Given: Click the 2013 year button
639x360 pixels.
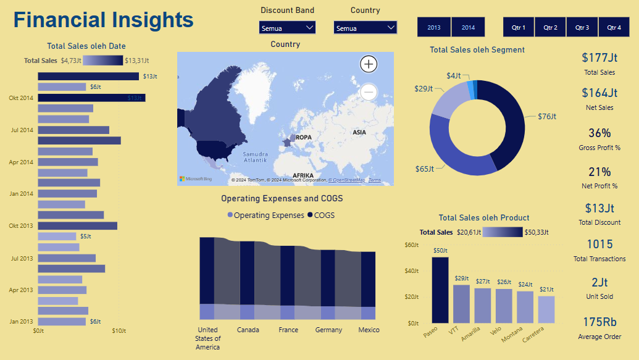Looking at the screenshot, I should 434,27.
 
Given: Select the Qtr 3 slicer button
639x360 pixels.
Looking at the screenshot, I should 582,27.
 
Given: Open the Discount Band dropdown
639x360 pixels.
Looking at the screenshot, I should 288,28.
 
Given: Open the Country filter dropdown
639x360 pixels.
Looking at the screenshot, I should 365,28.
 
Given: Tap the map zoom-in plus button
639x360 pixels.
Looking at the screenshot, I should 369,64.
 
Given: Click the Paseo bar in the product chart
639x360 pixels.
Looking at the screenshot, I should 440,290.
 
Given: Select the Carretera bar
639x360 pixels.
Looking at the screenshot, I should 546,309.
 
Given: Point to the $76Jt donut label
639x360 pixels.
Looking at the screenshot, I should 547,116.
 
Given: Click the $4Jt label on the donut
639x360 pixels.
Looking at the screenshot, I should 454,75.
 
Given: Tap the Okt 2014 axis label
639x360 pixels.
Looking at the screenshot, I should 21,98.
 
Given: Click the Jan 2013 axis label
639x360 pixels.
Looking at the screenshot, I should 21,322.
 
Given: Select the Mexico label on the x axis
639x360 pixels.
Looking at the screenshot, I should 369,330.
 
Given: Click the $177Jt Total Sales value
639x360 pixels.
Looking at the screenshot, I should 599,58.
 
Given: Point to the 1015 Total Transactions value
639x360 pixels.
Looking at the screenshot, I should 599,244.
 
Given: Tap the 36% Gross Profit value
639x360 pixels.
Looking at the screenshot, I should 599,133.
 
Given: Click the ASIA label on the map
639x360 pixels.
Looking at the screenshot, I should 359,132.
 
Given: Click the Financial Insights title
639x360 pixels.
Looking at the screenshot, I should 104,20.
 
